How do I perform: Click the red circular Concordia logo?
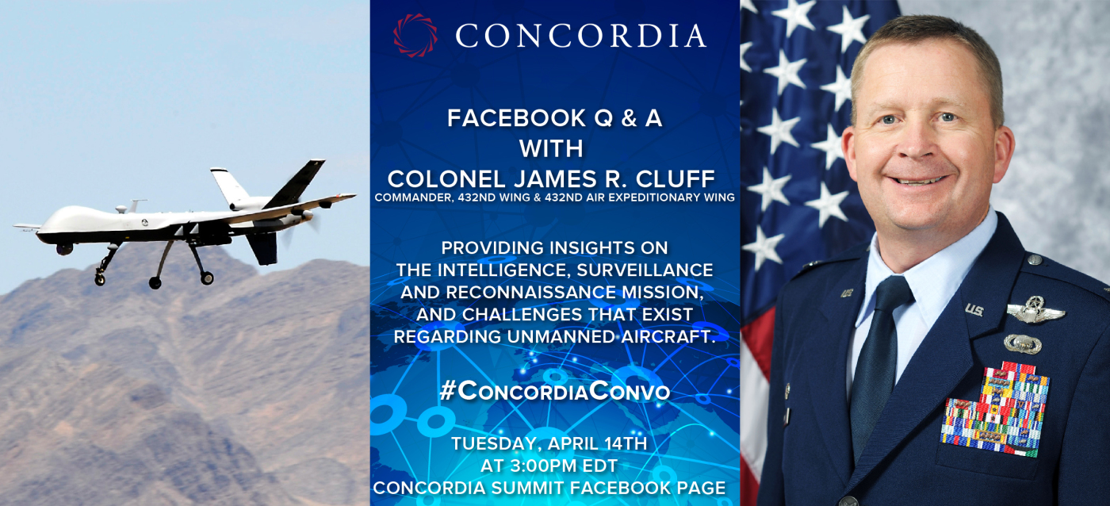point(415,35)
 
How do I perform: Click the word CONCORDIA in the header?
point(580,36)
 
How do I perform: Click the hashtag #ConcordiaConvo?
point(555,391)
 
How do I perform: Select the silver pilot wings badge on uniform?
point(1035,309)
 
